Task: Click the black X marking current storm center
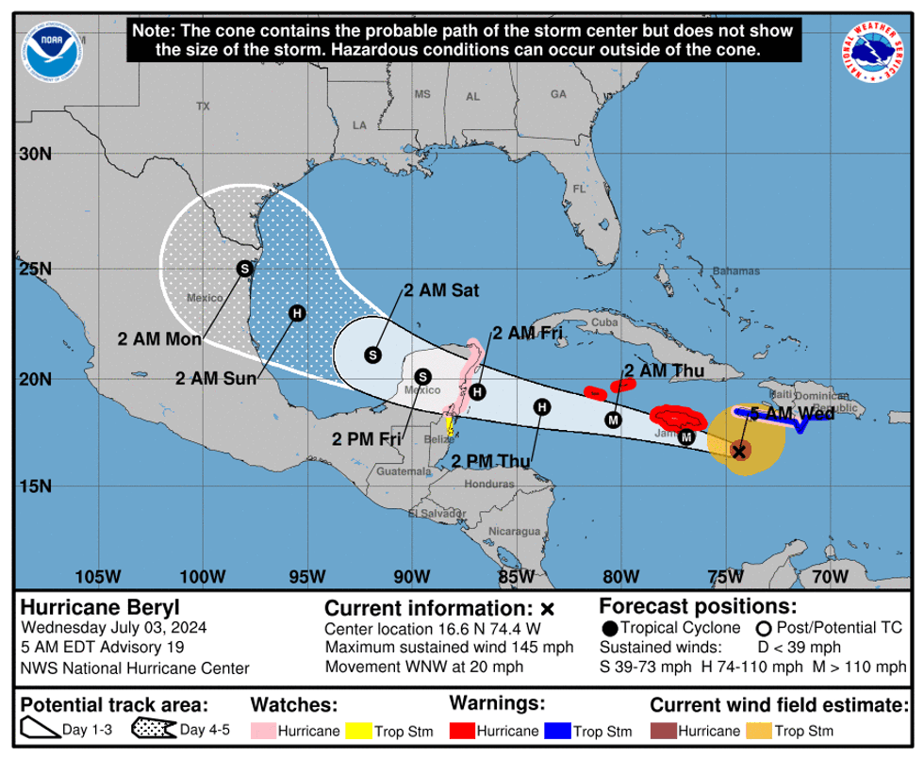(740, 452)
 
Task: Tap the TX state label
(203, 107)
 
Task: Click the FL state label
(580, 189)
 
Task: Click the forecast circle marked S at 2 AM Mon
(245, 269)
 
